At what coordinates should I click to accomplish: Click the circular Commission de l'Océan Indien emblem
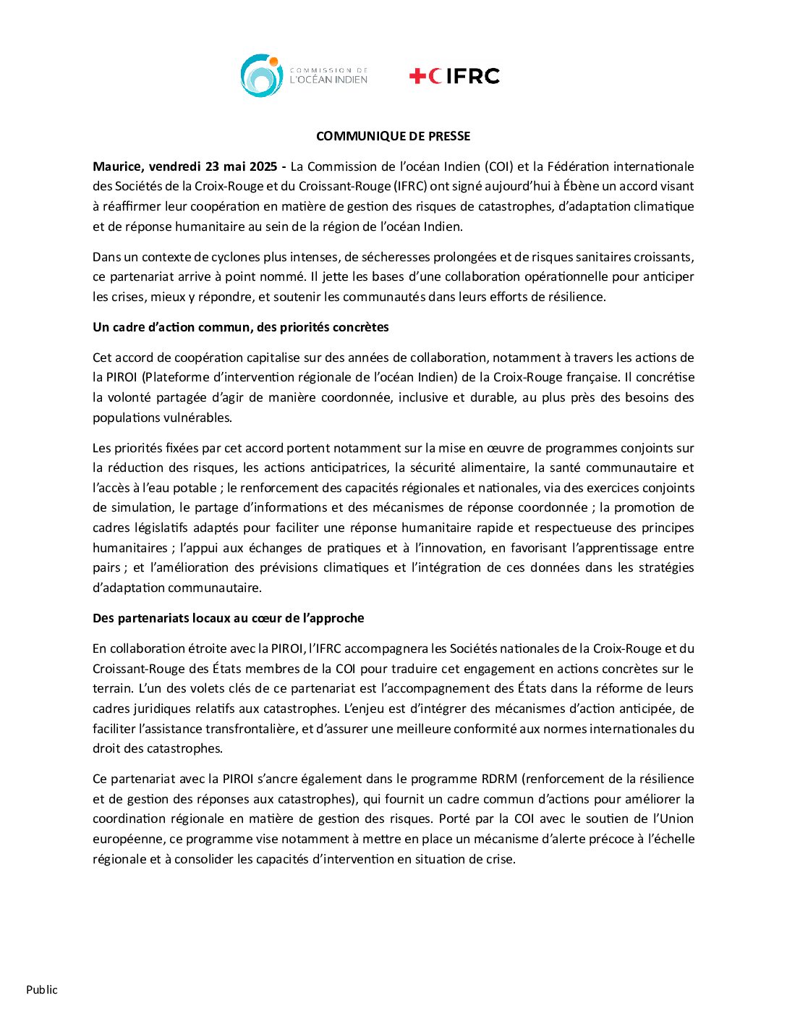click(x=261, y=75)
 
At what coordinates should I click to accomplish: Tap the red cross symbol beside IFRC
click(x=417, y=76)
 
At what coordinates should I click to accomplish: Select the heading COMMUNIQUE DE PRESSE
click(x=393, y=136)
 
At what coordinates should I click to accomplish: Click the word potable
click(x=194, y=488)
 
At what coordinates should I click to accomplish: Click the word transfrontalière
click(x=250, y=729)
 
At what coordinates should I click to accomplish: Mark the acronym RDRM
click(x=499, y=779)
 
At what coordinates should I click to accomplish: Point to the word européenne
click(x=127, y=839)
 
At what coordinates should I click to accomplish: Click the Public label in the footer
click(x=42, y=989)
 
